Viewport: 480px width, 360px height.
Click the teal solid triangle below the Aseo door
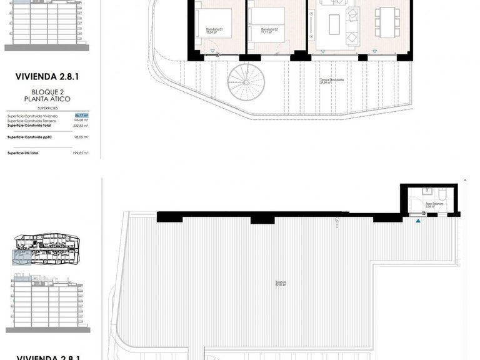419,220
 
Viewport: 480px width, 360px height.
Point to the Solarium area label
281,283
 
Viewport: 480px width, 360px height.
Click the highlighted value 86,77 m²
81,116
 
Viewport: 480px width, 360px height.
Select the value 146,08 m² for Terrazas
81,121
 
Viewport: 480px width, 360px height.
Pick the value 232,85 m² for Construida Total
81,126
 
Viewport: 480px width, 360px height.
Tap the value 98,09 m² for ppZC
81,136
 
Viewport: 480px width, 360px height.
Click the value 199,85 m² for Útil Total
81,152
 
